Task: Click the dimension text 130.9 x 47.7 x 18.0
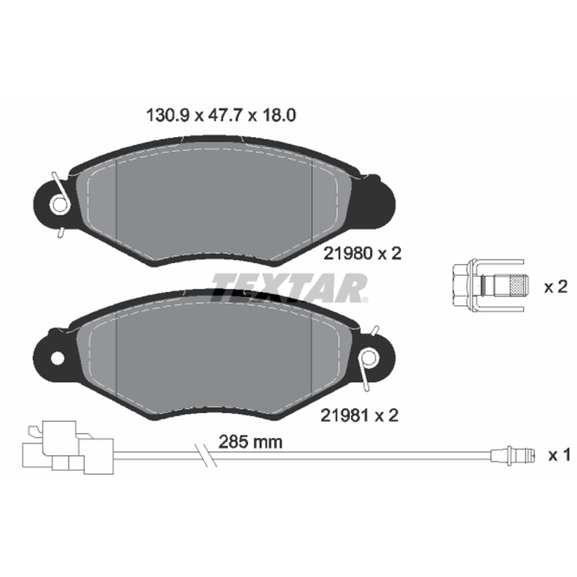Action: pos(221,115)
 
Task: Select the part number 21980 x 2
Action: pos(362,254)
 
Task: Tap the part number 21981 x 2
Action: pos(359,415)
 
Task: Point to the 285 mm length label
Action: pos(250,442)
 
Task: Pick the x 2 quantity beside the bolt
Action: pos(555,286)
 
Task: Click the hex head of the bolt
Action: pos(462,285)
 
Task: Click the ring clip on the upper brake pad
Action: pos(60,203)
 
